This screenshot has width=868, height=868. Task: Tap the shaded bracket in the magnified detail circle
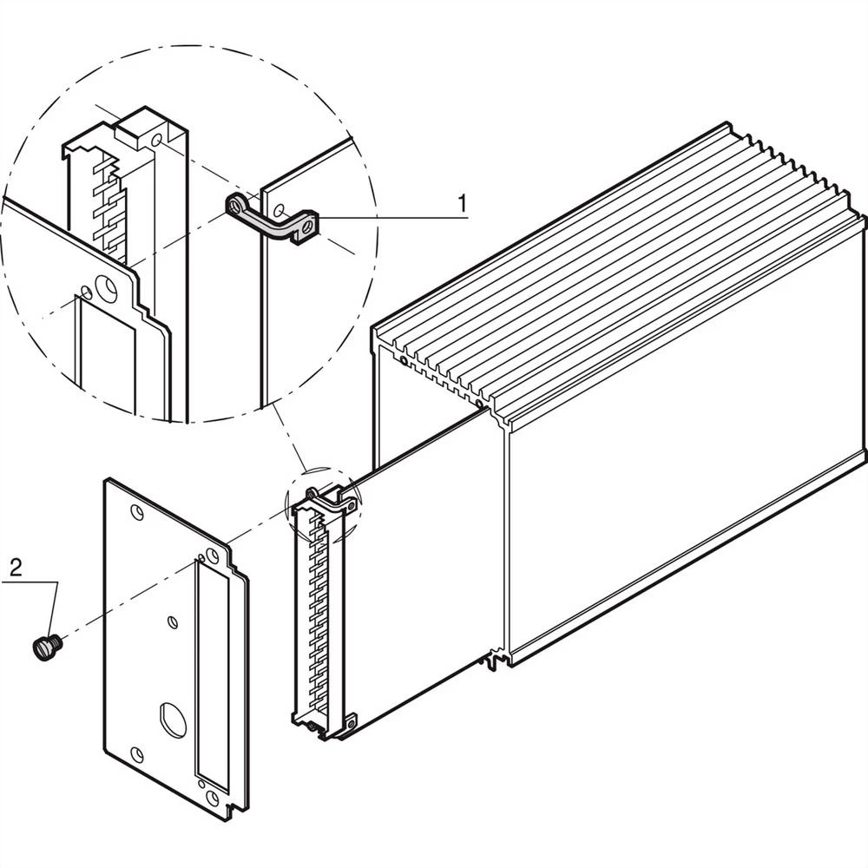click(272, 219)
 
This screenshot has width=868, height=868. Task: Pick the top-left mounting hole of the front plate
click(137, 511)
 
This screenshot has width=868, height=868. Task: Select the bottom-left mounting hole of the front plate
click(136, 753)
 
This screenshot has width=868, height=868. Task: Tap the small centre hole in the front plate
click(173, 621)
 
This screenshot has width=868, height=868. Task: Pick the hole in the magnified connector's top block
click(155, 139)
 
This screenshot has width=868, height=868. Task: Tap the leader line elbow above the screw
click(58, 583)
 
